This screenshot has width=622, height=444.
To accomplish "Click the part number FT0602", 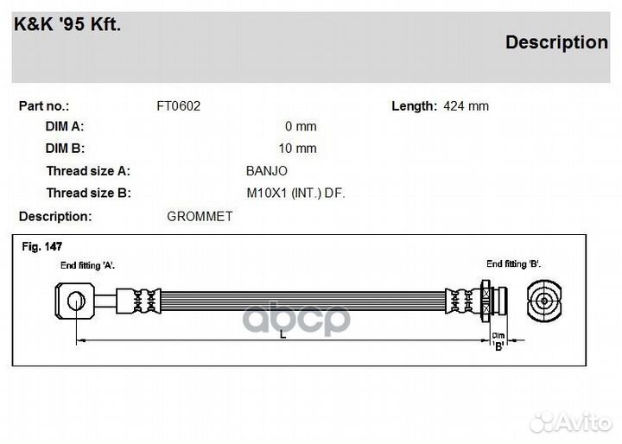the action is (179, 106).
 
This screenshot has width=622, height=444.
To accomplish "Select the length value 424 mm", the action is (466, 106).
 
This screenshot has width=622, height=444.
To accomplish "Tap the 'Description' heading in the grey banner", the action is (556, 43).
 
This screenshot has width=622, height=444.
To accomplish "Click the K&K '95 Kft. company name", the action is (67, 24).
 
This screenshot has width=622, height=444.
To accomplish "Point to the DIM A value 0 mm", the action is (301, 127).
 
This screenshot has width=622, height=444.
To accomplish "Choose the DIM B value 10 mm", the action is (297, 149).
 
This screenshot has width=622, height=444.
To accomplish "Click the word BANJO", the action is (267, 171).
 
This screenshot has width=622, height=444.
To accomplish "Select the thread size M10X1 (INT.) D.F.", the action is (296, 193).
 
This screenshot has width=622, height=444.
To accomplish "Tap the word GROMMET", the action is (200, 217).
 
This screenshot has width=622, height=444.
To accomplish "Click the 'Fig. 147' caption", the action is (42, 247).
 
